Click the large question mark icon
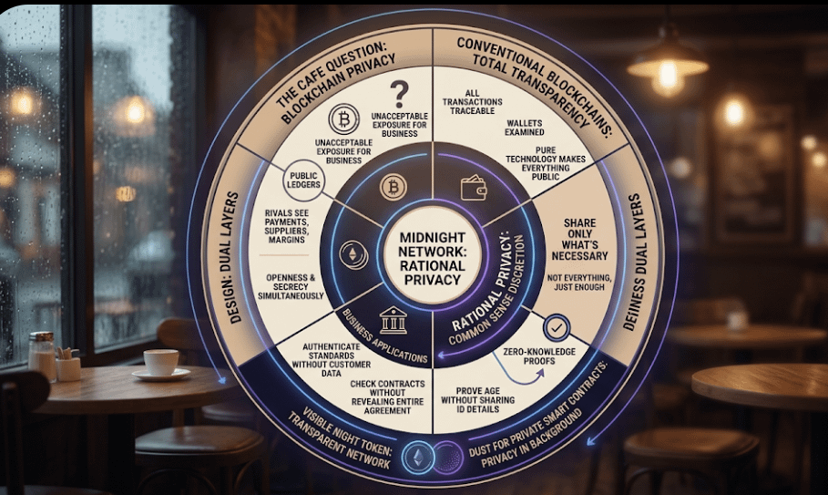(x=398, y=94)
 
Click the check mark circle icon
(x=557, y=325)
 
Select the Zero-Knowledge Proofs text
(x=530, y=358)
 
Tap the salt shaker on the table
(x=42, y=354)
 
